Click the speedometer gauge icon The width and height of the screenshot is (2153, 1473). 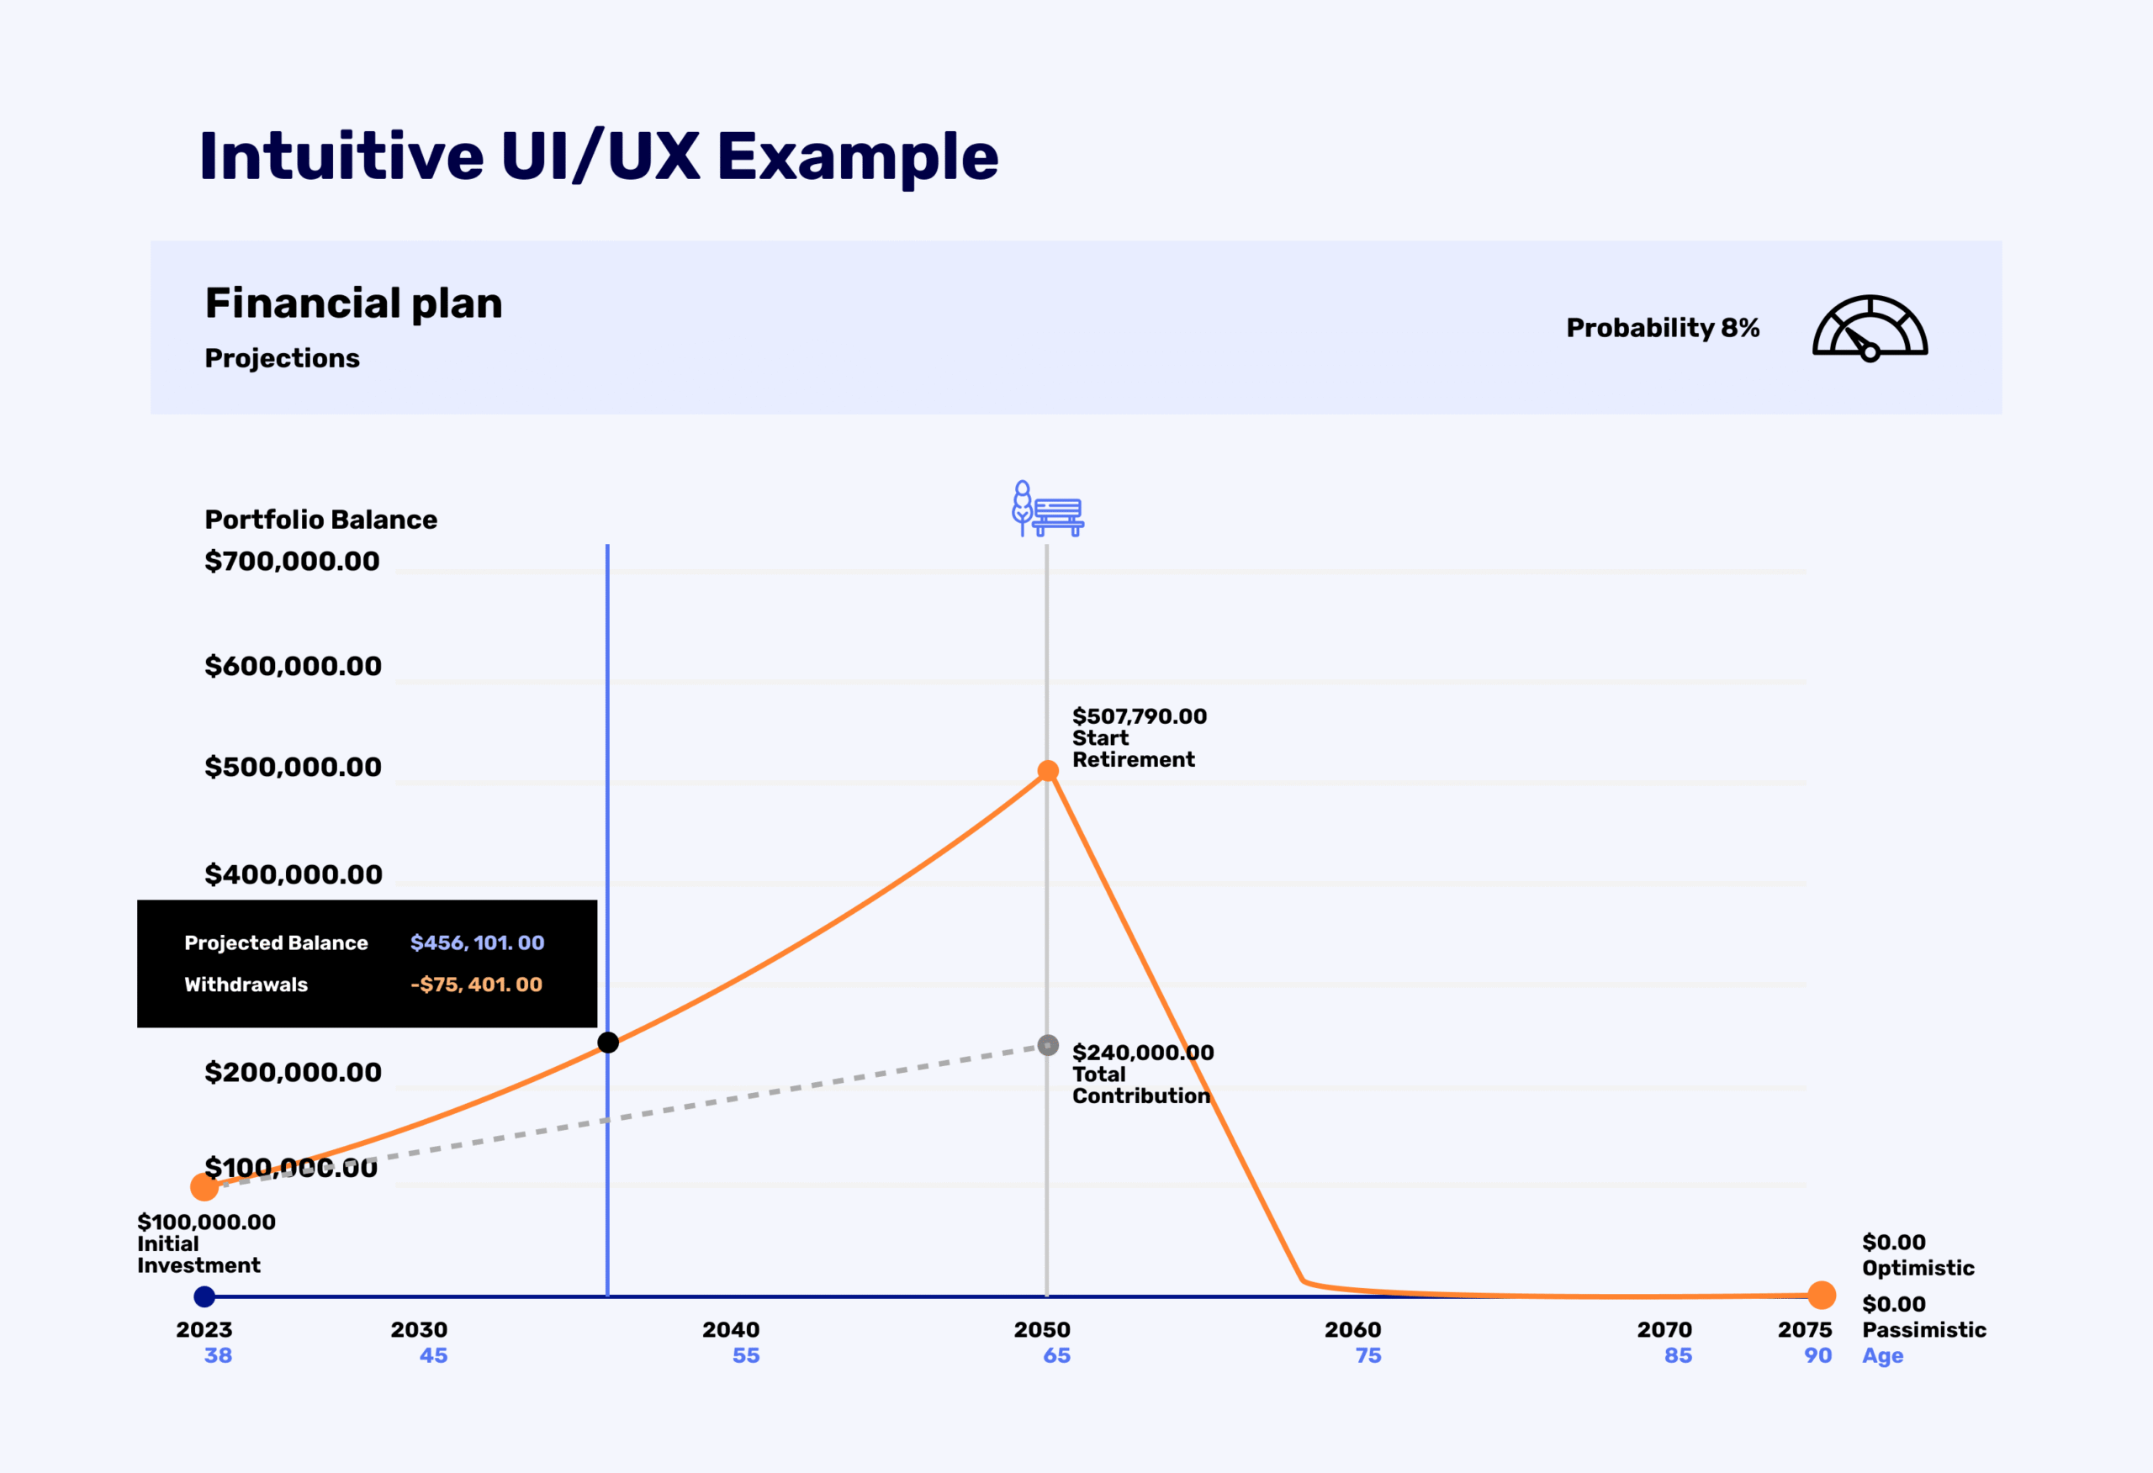click(1870, 328)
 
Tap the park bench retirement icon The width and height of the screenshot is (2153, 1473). click(1048, 509)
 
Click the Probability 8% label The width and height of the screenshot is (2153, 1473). click(1662, 328)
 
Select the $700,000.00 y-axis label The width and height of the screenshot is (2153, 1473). click(292, 562)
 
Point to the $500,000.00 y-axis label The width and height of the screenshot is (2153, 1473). click(293, 767)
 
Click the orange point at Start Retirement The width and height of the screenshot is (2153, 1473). click(1048, 771)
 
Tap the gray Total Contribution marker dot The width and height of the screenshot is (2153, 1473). click(1048, 1045)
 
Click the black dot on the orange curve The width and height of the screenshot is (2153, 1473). click(608, 1043)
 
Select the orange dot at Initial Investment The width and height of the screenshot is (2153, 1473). click(204, 1187)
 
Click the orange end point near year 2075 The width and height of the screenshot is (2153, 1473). click(1822, 1295)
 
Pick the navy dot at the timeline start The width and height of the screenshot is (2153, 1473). click(204, 1297)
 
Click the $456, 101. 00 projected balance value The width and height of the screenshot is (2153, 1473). click(477, 943)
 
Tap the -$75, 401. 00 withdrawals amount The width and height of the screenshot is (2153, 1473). click(476, 985)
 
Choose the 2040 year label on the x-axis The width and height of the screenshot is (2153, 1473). click(731, 1329)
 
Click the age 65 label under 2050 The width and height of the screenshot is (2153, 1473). click(1056, 1355)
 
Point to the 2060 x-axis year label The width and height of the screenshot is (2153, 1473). click(1352, 1329)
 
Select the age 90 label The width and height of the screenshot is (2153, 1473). click(1817, 1355)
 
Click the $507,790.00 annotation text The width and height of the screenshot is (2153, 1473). click(1140, 716)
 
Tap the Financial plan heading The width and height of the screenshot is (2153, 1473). click(353, 304)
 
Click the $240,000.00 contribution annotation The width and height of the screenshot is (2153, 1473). click(1142, 1053)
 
